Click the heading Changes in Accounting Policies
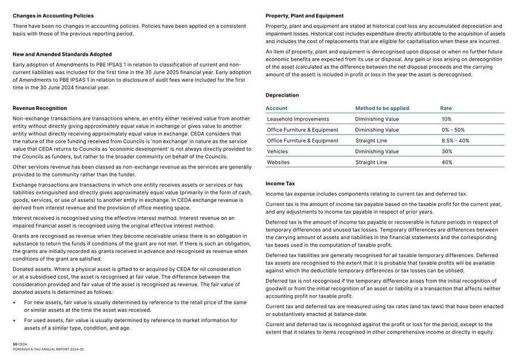(53, 16)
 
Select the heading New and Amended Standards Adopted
(62, 55)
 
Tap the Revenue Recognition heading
(40, 108)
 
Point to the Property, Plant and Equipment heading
(305, 16)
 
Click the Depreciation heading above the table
(282, 95)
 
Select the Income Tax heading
(280, 184)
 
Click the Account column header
(277, 108)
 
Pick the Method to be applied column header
(382, 108)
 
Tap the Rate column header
(446, 108)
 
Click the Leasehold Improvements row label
(298, 119)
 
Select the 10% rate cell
(446, 119)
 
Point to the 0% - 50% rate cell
(453, 130)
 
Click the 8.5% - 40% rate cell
(455, 141)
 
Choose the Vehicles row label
(277, 152)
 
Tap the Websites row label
(278, 163)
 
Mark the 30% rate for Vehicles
(447, 152)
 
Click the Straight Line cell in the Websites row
(371, 163)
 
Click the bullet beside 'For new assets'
(15, 302)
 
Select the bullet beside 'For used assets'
(15, 321)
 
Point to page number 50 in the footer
(15, 344)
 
